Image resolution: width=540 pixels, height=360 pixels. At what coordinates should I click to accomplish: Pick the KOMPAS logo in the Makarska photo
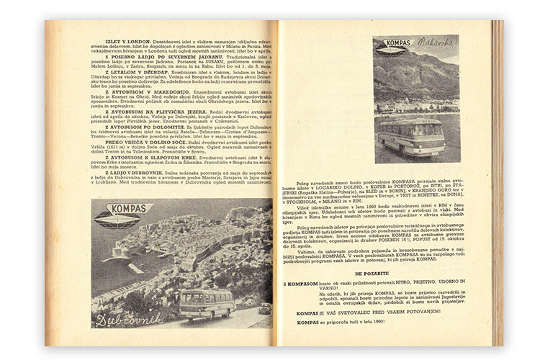[395, 48]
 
